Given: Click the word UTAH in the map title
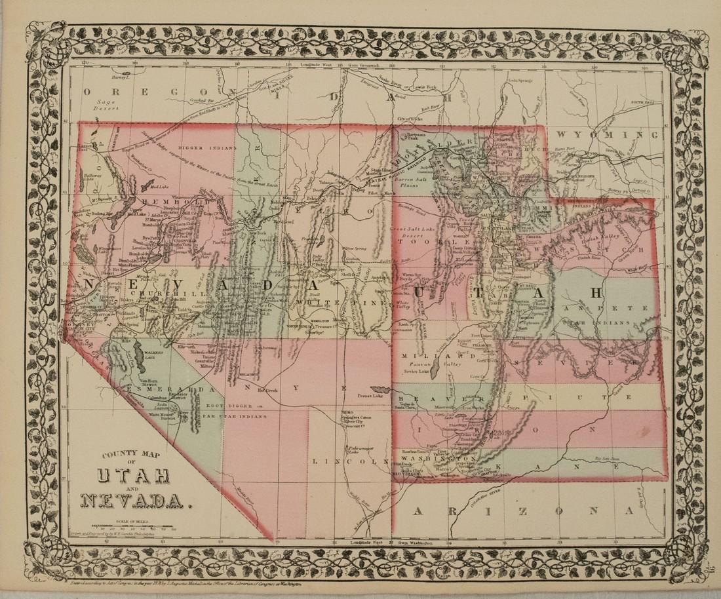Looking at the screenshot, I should point(134,475).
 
